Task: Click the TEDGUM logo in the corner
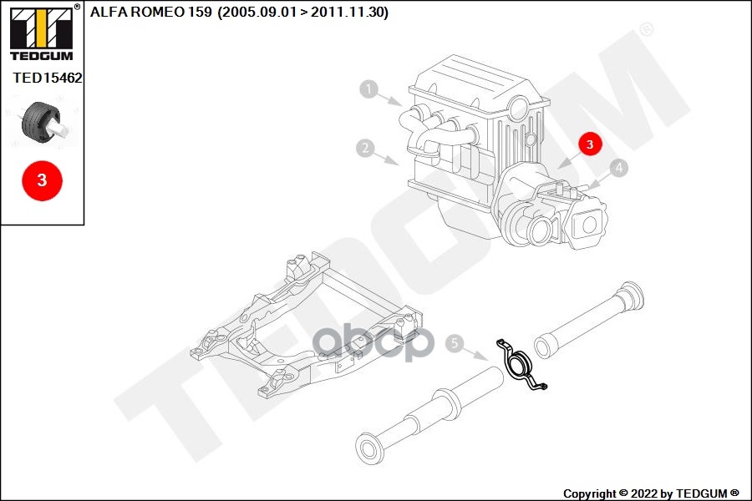[42, 33]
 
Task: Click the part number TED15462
[48, 78]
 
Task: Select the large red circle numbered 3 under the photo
[43, 180]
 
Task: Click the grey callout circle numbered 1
[368, 89]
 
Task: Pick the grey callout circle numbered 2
[365, 148]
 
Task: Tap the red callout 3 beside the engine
[589, 144]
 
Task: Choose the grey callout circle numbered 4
[619, 168]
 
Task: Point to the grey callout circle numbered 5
[455, 343]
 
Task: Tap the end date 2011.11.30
[348, 12]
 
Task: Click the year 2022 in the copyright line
[644, 493]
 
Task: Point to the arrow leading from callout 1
[390, 99]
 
